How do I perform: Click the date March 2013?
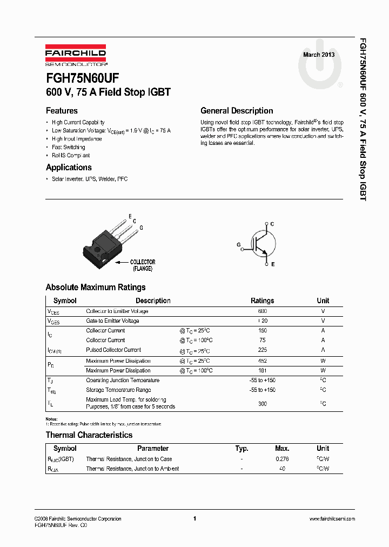[318, 55]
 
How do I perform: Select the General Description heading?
[237, 111]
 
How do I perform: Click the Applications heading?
[69, 168]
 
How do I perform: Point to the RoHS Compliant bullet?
[70, 155]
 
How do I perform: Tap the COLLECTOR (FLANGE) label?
[143, 265]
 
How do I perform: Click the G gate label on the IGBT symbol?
[238, 245]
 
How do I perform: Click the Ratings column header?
[262, 301]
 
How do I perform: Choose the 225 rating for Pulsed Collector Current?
[262, 350]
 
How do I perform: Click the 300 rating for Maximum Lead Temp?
[262, 403]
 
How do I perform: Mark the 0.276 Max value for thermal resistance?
[282, 459]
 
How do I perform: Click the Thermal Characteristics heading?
[89, 435]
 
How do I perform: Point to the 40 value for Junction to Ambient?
[282, 469]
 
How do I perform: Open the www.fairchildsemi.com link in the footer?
[332, 519]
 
